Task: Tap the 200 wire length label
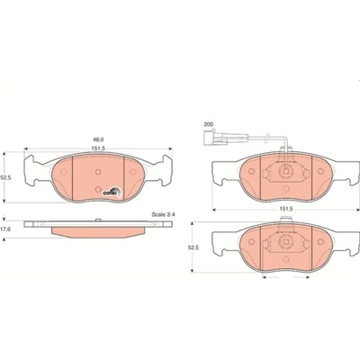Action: (207, 124)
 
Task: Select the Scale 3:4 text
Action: (163, 214)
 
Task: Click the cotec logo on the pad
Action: (112, 192)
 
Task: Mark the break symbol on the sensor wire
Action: (265, 138)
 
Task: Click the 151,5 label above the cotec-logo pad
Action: (98, 148)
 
